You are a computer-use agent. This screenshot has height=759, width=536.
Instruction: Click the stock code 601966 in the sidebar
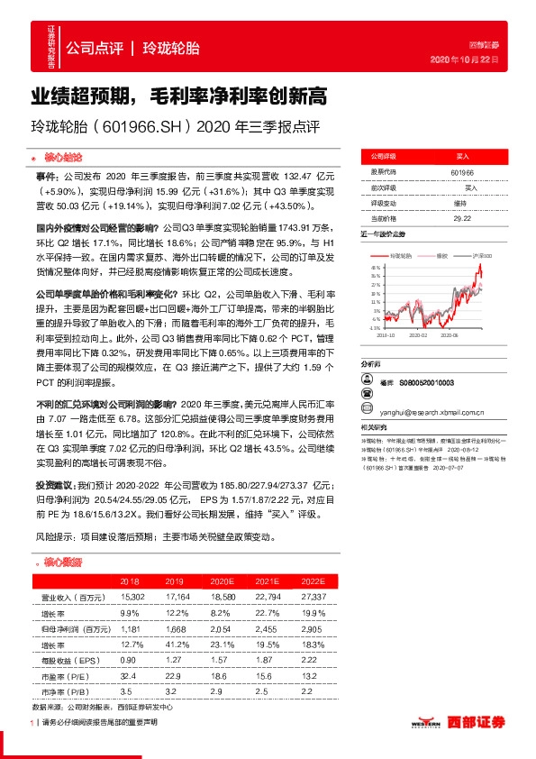coord(462,171)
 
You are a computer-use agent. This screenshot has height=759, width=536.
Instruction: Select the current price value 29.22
coord(462,218)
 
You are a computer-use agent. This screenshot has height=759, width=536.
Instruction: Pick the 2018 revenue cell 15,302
coord(132,597)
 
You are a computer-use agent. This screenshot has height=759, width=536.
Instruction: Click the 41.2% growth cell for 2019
coord(175,643)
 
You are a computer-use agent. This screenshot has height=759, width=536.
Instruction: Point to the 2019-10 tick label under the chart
coord(377,334)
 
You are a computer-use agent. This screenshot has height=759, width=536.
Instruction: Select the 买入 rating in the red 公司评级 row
coord(462,156)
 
